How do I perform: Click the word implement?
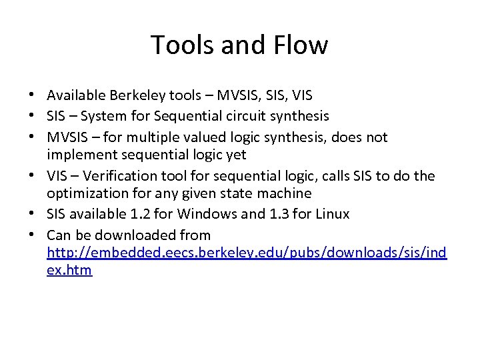[x=80, y=155]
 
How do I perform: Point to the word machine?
[x=285, y=194]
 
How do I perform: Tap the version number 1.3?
[x=266, y=214]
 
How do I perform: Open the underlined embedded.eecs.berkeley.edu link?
[x=247, y=253]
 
